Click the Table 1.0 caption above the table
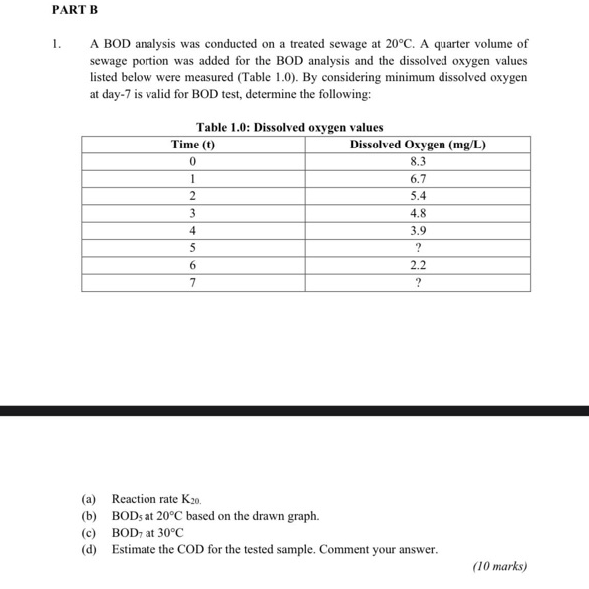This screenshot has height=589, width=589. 290,127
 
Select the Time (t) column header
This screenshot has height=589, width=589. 193,145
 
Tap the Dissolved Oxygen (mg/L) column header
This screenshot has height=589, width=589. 419,145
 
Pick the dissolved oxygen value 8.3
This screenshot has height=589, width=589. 419,161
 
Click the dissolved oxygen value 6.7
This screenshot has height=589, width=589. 419,179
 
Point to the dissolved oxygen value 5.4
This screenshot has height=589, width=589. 419,196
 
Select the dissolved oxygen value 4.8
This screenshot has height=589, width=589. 419,213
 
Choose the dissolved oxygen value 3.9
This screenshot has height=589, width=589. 419,230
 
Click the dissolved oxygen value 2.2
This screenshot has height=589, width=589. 419,265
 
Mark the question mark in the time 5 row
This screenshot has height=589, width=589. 419,248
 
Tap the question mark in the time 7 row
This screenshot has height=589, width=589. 419,283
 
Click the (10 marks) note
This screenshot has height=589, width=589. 499,567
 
